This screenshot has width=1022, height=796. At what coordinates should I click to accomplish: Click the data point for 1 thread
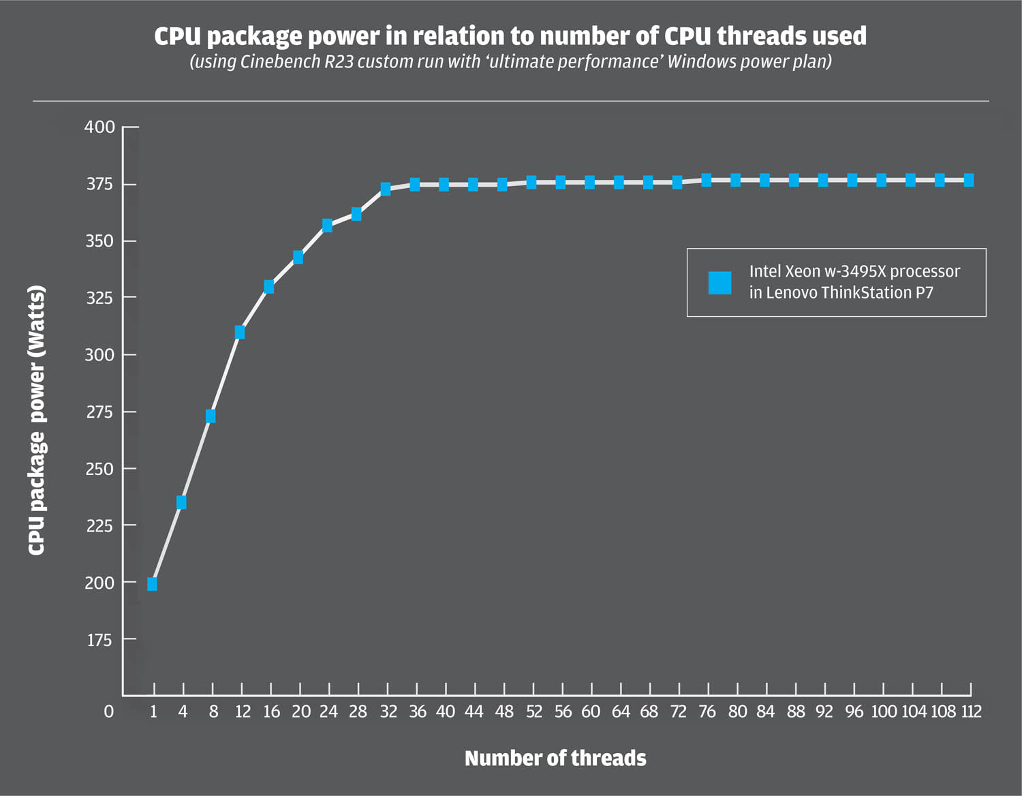click(152, 584)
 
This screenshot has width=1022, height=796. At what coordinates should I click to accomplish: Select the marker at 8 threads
click(211, 416)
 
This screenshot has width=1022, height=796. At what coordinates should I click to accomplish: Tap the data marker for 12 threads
click(240, 332)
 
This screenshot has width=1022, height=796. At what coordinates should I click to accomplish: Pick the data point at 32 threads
click(386, 189)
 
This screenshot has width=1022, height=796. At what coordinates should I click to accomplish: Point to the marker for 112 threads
click(969, 180)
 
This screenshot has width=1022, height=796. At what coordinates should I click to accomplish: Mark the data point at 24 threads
click(327, 225)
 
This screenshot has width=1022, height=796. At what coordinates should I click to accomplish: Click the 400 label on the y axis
click(99, 127)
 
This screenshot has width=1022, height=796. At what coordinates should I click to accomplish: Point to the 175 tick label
click(99, 640)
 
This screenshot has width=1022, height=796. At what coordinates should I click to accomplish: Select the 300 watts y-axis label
click(99, 354)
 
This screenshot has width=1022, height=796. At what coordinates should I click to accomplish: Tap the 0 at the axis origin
click(108, 712)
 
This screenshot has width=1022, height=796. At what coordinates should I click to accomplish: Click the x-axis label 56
click(563, 712)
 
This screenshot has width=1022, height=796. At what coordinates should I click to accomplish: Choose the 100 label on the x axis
click(884, 712)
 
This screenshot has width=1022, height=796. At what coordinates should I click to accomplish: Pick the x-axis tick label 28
click(358, 712)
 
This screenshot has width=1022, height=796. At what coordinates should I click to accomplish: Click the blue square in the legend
click(719, 282)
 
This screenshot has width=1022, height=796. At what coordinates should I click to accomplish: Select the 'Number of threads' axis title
click(555, 759)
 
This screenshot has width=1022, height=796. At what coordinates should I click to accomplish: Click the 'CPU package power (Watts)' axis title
click(37, 420)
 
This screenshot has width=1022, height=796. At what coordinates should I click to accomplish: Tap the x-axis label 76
click(707, 712)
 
